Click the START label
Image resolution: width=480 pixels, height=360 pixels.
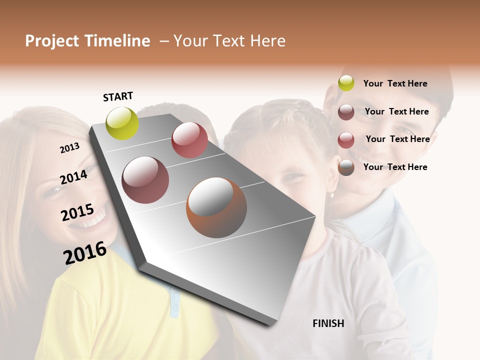[x=118, y=96]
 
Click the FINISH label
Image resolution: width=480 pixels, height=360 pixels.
[x=328, y=323]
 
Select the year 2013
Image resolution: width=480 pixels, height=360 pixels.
[x=69, y=148]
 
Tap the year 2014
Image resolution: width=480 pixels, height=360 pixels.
[x=73, y=177]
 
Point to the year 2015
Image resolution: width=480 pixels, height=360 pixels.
[x=77, y=212]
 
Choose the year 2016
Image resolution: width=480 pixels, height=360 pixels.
[x=85, y=253]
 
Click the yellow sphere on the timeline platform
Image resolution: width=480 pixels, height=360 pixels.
[x=122, y=123]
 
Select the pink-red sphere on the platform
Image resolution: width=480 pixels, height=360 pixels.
[x=189, y=140]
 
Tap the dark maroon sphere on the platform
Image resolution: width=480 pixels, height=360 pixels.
[x=145, y=180]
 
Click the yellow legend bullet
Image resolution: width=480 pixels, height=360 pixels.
[x=346, y=83]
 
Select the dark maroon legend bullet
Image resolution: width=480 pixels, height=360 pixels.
[x=346, y=112]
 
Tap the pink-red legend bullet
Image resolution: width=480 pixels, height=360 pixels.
[x=346, y=140]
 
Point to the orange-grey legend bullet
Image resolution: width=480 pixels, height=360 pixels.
[x=346, y=167]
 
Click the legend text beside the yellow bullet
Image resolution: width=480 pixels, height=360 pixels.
[x=395, y=83]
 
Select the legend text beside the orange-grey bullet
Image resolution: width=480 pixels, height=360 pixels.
[x=395, y=167]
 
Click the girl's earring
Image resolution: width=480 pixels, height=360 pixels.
[x=331, y=194]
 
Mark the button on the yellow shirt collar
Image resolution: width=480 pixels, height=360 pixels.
[x=174, y=306]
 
